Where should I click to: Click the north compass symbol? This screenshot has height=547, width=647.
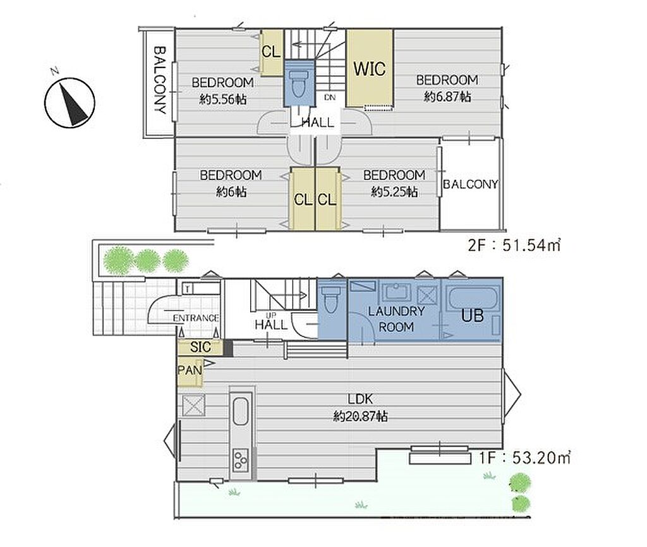70,102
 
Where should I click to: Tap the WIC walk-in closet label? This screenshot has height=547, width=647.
369,68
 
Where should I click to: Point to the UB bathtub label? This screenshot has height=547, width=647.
473,316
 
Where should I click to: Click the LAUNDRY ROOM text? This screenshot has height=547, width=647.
396,319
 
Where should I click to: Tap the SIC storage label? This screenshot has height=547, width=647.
200,347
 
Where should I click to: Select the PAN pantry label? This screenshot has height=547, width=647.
190,370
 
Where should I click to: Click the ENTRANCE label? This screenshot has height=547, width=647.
196,318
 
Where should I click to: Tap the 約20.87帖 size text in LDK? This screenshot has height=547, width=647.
360,417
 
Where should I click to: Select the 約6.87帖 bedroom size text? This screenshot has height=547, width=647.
447,97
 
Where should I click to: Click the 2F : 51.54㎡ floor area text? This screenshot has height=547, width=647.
514,246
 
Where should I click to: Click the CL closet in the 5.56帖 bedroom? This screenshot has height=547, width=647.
271,52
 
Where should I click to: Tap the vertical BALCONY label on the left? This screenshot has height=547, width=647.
160,80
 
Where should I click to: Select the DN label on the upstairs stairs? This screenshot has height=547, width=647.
330,97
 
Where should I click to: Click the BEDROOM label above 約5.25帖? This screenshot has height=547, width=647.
394,175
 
